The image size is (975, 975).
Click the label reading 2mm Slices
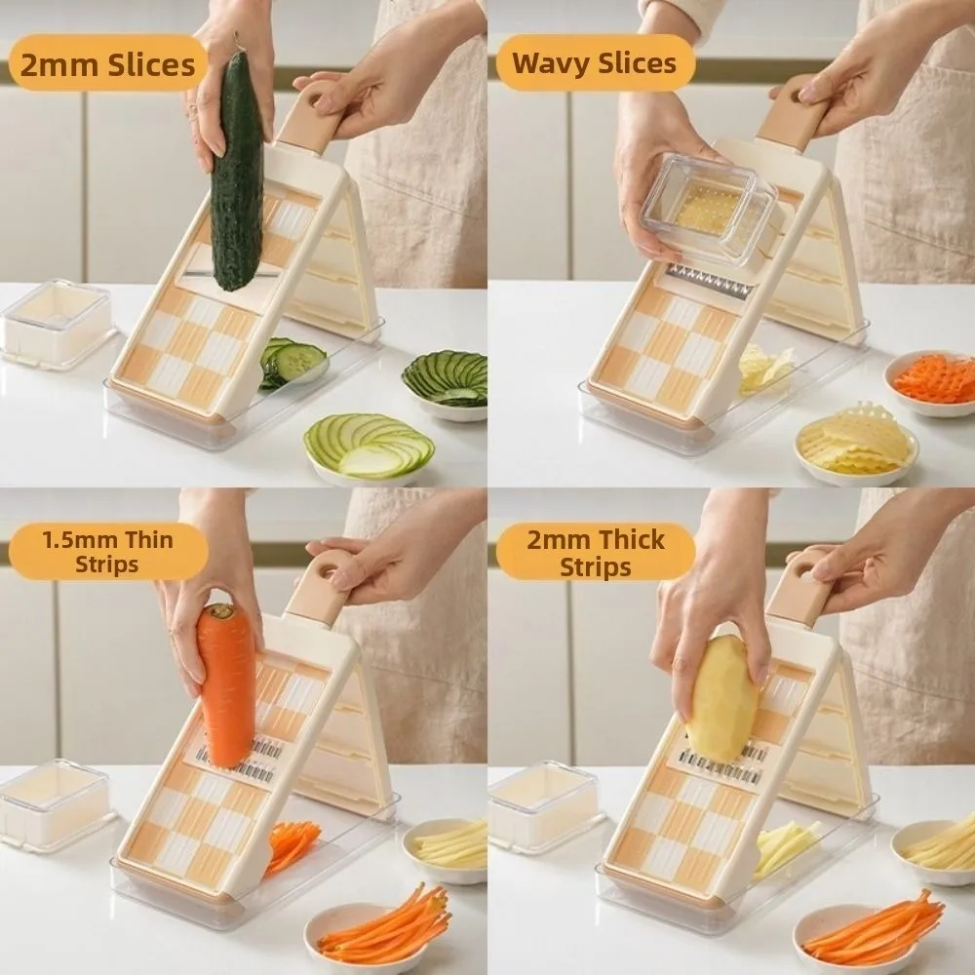pos(107,64)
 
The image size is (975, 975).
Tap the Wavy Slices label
pos(595,63)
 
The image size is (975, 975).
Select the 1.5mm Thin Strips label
pos(107,552)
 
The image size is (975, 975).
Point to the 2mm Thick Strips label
pos(595,553)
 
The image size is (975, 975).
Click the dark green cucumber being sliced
pos(237,171)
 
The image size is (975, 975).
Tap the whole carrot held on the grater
pos(226,684)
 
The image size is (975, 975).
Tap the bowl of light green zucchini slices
pos(370,448)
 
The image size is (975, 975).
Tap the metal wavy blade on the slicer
pos(710,280)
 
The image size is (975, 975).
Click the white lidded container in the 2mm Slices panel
pos(58,325)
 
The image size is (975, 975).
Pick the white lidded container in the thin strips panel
pos(56,805)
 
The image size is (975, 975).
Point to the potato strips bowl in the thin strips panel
pos(446,850)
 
